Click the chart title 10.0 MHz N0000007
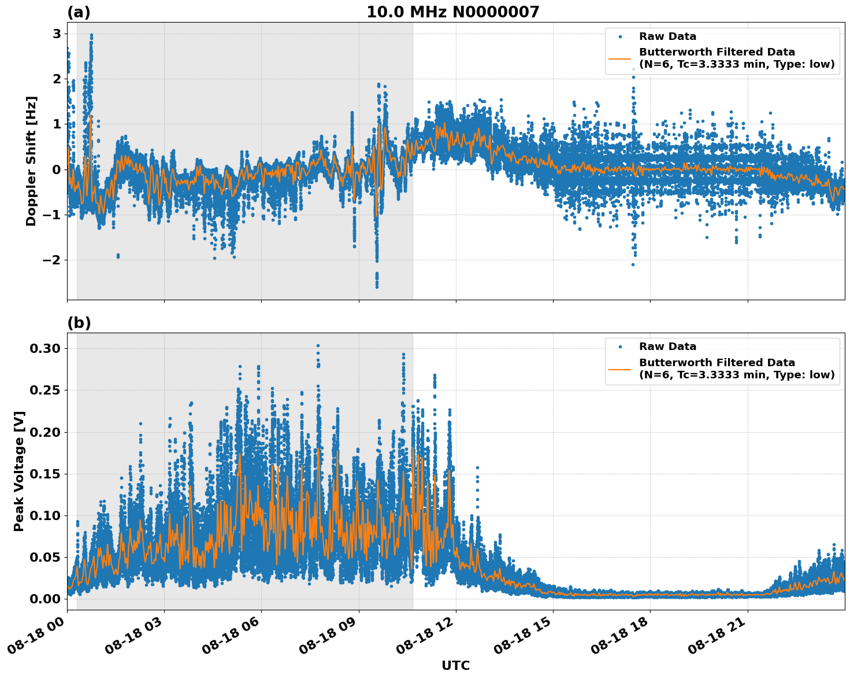[452, 12]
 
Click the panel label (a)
[79, 12]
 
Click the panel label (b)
[79, 323]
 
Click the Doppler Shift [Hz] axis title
[31, 161]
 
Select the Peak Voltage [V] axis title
[19, 471]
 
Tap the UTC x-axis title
[455, 666]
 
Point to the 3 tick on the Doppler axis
[57, 34]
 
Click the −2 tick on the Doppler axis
[51, 260]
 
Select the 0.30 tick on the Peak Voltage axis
[45, 348]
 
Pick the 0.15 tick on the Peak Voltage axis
[45, 474]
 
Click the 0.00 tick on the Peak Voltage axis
[45, 599]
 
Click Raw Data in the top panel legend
[667, 36]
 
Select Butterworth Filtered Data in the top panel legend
[717, 52]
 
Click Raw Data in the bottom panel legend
[667, 347]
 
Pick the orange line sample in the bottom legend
[620, 369]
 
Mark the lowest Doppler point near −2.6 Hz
[377, 286]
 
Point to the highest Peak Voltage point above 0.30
[318, 346]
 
